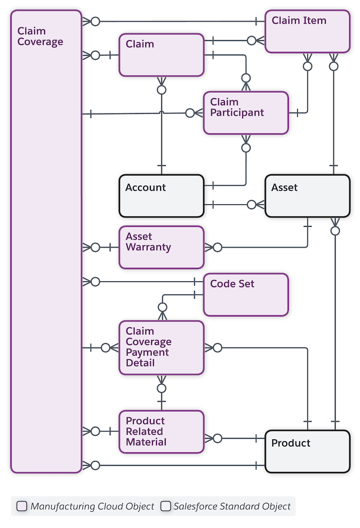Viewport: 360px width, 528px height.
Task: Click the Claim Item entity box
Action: point(307,32)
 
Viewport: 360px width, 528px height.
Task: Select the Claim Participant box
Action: point(246,113)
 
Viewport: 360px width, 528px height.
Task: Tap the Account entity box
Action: point(161,196)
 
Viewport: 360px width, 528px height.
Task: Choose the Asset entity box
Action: point(307,196)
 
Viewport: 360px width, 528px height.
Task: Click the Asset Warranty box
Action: point(161,247)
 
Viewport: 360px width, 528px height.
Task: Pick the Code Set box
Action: point(246,295)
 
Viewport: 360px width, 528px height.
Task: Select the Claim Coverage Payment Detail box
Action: point(161,347)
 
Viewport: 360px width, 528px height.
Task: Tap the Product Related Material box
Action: point(161,431)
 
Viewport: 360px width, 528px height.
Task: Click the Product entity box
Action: point(307,451)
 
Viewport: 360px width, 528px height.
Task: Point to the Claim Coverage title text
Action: point(40,36)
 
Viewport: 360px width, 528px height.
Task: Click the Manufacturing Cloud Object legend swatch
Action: point(22,506)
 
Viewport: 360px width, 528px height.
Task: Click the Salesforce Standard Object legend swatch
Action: point(166,506)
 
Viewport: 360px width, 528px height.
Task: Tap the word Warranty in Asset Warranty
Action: point(148,247)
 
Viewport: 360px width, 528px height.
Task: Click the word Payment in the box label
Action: point(147,352)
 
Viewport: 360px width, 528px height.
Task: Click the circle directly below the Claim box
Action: point(162,90)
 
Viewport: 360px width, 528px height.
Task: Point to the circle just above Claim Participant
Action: point(246,77)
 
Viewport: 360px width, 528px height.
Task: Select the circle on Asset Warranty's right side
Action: point(218,247)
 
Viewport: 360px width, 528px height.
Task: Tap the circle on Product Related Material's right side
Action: point(218,438)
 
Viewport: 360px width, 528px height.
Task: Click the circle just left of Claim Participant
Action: point(190,113)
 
